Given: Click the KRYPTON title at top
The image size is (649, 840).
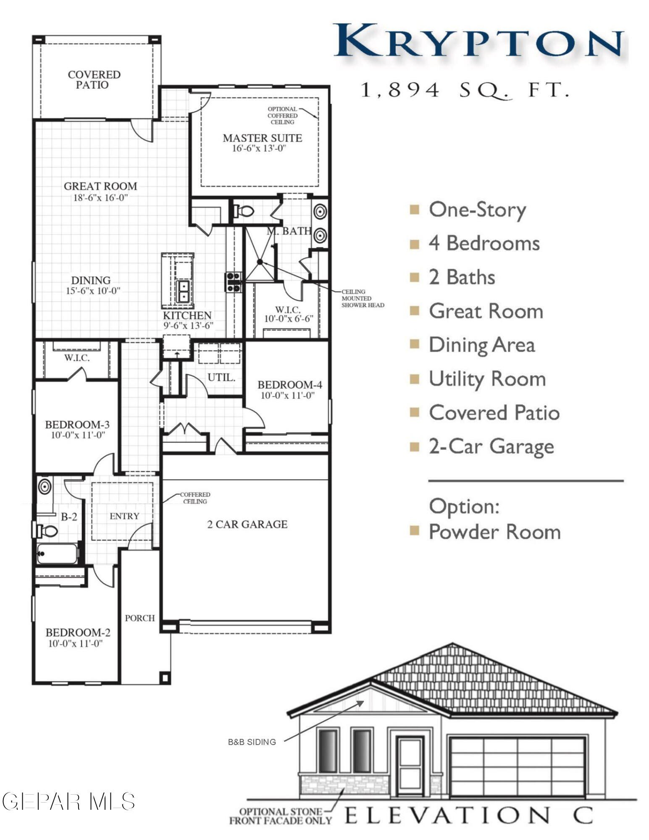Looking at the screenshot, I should [x=478, y=41].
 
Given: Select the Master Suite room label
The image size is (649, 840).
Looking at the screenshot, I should [x=262, y=138].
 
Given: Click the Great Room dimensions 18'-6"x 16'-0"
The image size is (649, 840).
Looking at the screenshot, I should [x=100, y=198].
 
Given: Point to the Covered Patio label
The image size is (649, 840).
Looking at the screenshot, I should [x=94, y=79].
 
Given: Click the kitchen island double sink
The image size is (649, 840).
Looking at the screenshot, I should [x=184, y=291].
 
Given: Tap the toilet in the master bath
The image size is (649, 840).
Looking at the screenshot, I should [x=244, y=211].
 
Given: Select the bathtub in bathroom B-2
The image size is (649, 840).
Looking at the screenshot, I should [x=57, y=554].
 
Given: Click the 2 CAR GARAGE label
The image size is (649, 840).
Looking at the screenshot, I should [x=247, y=524].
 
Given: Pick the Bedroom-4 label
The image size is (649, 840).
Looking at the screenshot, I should [x=289, y=385].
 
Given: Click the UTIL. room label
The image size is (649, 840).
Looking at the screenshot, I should [x=221, y=377].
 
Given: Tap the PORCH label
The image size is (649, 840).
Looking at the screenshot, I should [x=140, y=618].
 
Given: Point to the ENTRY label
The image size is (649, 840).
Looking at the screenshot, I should [x=124, y=516].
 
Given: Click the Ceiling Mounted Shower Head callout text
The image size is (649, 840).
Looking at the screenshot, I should [x=362, y=298].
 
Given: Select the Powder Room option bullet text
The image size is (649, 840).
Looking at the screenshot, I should [x=494, y=532].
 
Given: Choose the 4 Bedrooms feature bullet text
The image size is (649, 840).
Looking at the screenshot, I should [x=484, y=244].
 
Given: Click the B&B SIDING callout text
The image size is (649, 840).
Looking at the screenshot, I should [x=252, y=742].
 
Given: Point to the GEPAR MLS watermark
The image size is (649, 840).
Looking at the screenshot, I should [x=68, y=801].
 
